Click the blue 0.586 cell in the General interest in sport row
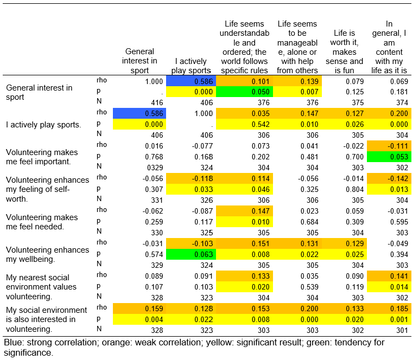click(x=191, y=81)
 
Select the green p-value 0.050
click(x=244, y=92)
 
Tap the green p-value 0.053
click(x=389, y=157)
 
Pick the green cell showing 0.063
click(x=191, y=254)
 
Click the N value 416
click(x=157, y=102)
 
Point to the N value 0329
click(x=155, y=168)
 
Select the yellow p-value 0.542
click(x=244, y=124)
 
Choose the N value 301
click(x=402, y=330)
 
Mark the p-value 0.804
click(x=354, y=189)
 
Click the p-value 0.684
click(x=309, y=222)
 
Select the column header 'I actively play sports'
click(x=191, y=66)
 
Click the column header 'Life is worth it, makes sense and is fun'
click(x=344, y=52)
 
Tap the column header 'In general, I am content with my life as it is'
click(x=389, y=47)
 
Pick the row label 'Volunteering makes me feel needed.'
click(x=42, y=222)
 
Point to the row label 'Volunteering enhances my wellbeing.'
click(x=48, y=255)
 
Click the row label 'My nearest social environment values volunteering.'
click(x=41, y=287)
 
